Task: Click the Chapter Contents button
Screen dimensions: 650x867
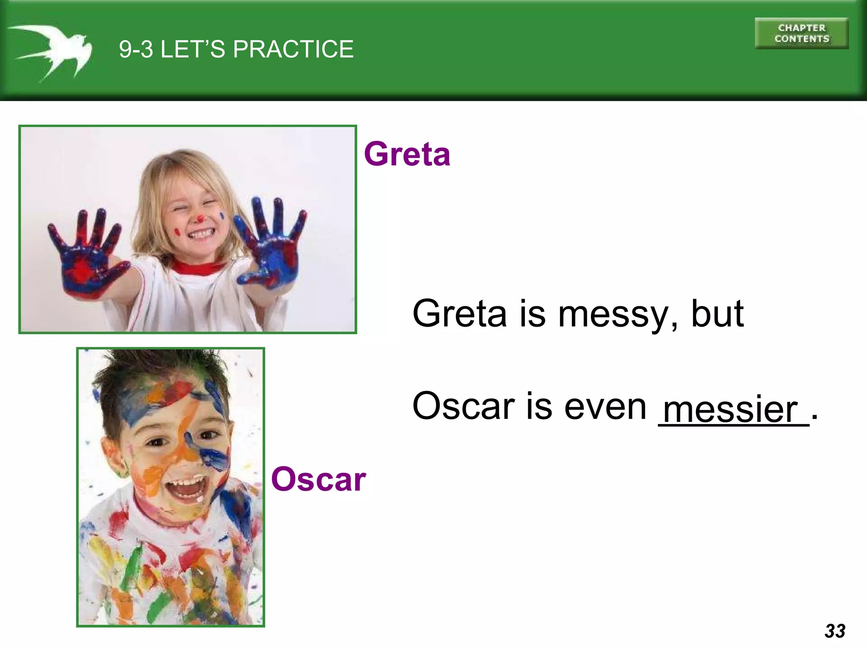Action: point(801,33)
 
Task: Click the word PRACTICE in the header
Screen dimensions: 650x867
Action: point(293,49)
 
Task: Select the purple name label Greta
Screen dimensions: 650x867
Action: point(407,154)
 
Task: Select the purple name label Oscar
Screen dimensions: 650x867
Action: point(318,479)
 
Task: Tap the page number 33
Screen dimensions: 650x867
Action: point(834,631)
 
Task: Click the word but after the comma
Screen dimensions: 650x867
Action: point(717,314)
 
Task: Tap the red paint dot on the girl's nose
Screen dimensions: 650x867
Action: point(200,218)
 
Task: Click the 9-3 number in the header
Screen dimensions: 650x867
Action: point(135,49)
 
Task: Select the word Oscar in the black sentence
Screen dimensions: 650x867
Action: point(463,406)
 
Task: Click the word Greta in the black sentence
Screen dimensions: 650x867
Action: point(459,314)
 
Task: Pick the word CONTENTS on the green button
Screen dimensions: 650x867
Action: point(801,39)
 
